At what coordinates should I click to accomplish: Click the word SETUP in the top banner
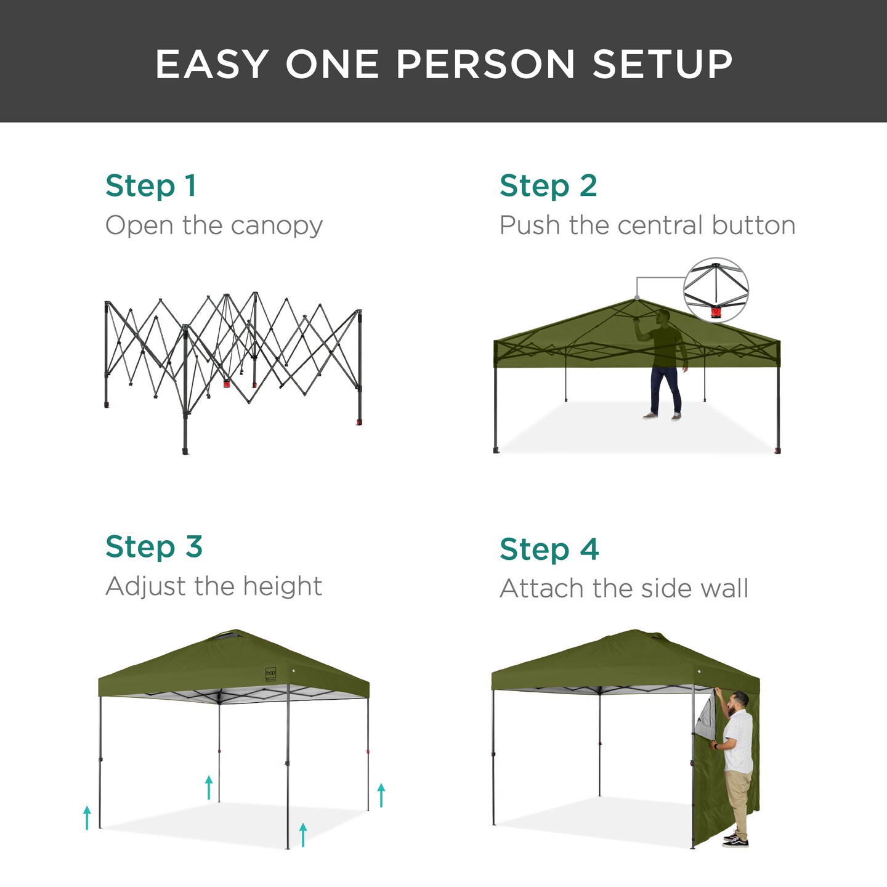pyautogui.click(x=662, y=64)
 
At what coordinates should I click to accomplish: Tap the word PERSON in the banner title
pyautogui.click(x=485, y=64)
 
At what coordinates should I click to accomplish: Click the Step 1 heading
pyautogui.click(x=151, y=186)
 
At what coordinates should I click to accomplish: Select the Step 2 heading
pyautogui.click(x=548, y=186)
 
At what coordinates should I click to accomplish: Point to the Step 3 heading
pyautogui.click(x=154, y=547)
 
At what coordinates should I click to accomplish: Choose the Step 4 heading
pyautogui.click(x=549, y=549)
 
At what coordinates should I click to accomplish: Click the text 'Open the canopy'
pyautogui.click(x=214, y=225)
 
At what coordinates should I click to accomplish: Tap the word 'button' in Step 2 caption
pyautogui.click(x=753, y=225)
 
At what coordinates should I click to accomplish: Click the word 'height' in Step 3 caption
pyautogui.click(x=282, y=586)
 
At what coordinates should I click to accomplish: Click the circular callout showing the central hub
pyautogui.click(x=716, y=290)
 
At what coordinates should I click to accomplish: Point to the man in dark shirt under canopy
pyautogui.click(x=665, y=363)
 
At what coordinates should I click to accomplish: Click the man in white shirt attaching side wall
pyautogui.click(x=736, y=764)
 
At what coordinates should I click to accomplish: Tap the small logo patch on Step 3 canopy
pyautogui.click(x=270, y=673)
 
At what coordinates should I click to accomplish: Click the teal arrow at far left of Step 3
pyautogui.click(x=87, y=817)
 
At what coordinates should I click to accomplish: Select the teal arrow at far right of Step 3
pyautogui.click(x=381, y=795)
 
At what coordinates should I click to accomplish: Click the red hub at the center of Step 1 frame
pyautogui.click(x=227, y=383)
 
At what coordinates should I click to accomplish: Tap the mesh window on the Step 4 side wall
pyautogui.click(x=705, y=715)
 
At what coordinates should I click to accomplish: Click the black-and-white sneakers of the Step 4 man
pyautogui.click(x=736, y=840)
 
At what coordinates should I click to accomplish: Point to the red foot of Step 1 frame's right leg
pyautogui.click(x=358, y=423)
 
